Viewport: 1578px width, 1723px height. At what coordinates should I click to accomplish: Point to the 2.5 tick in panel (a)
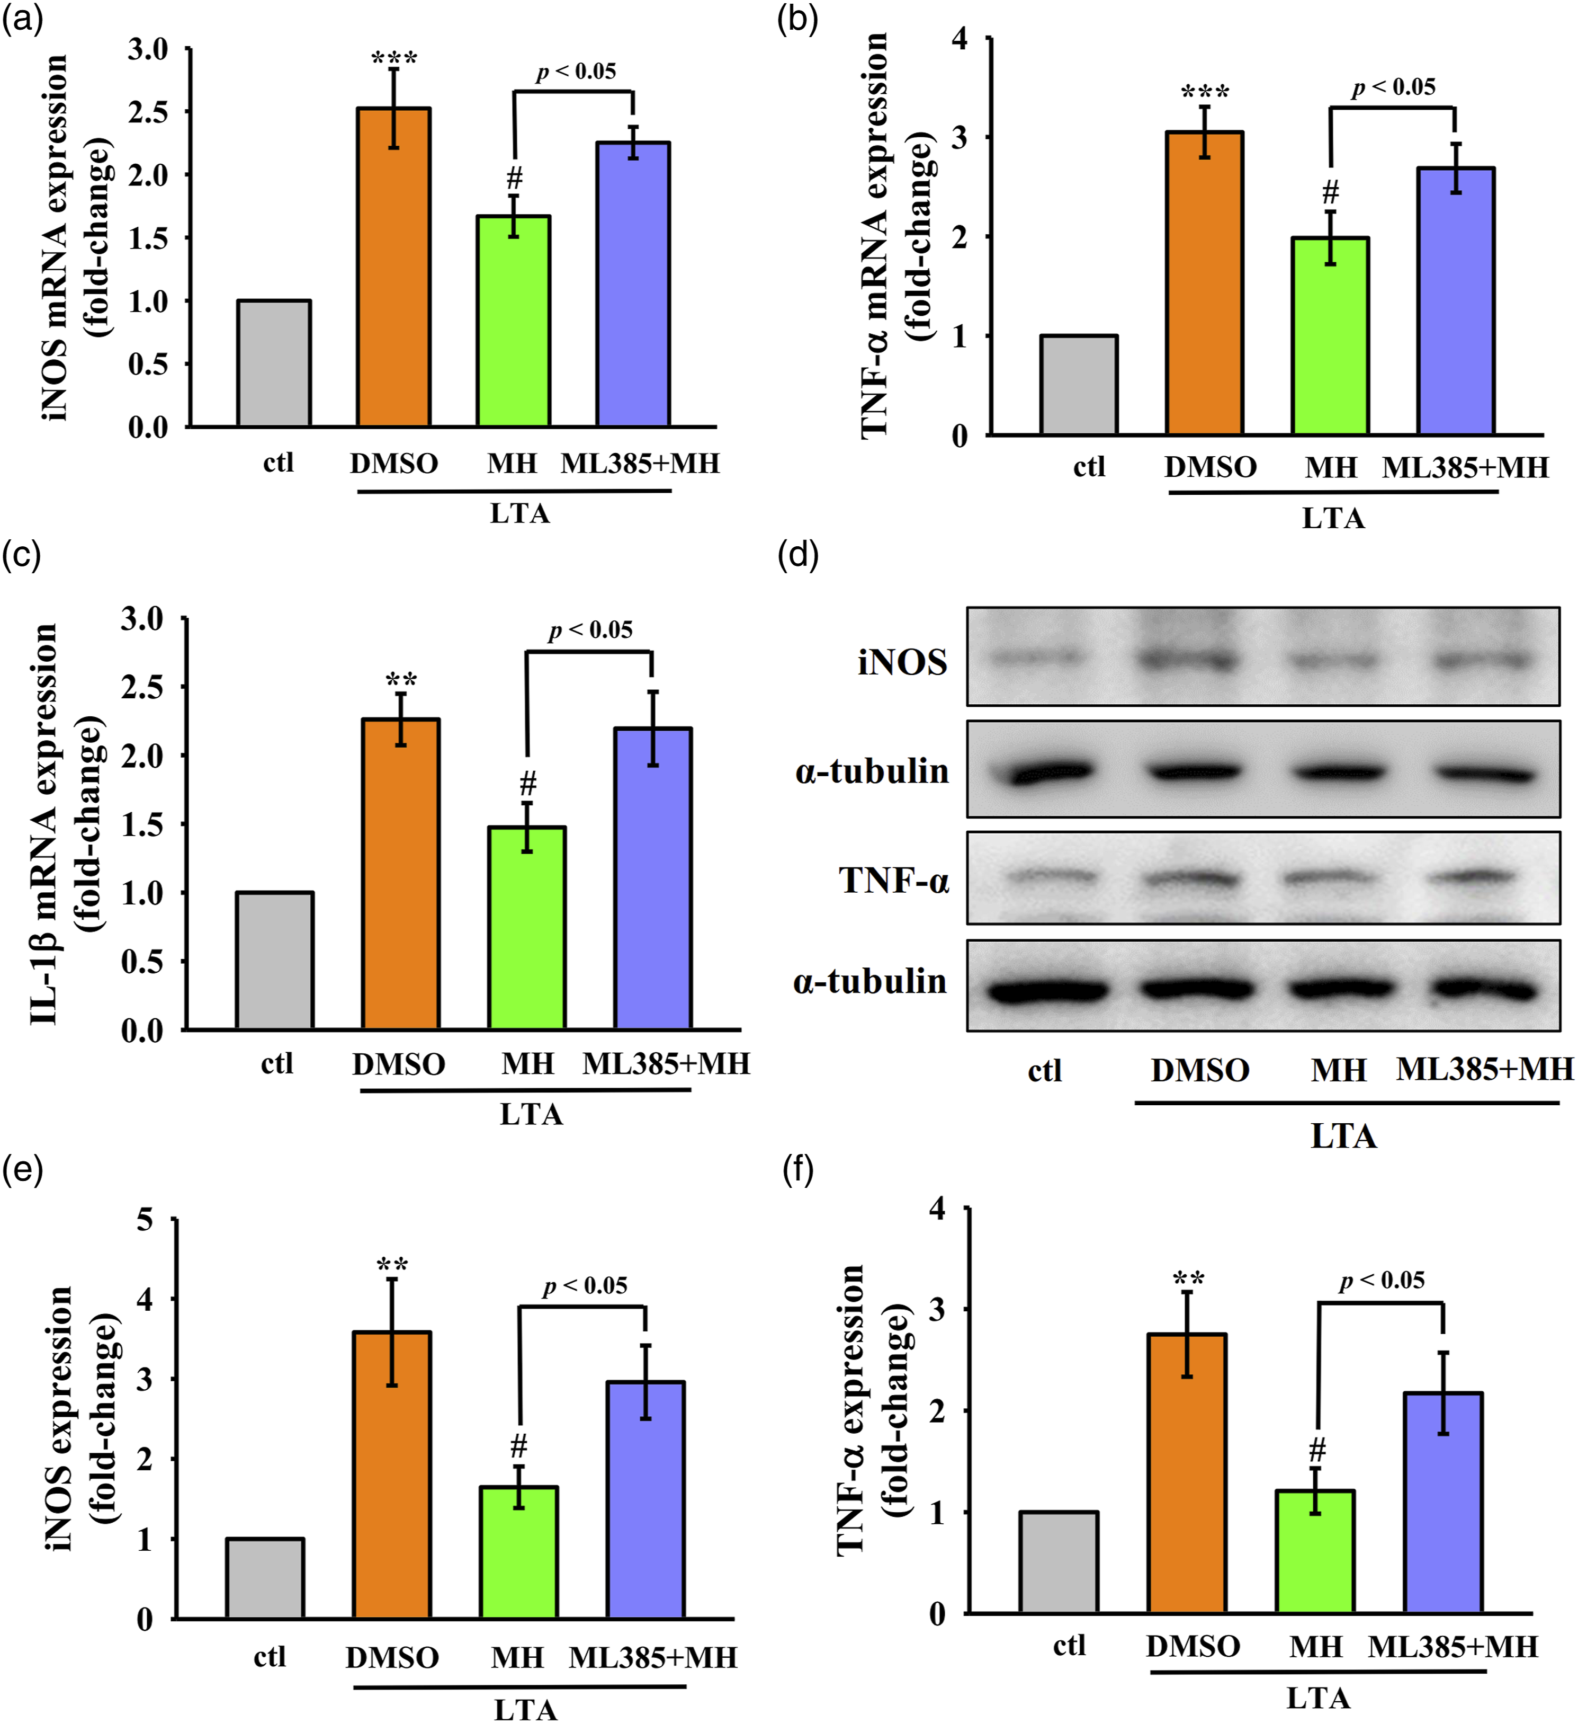click(x=149, y=112)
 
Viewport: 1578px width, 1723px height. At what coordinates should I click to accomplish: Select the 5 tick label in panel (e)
click(x=145, y=1220)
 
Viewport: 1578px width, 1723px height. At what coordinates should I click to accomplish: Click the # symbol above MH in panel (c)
click(x=528, y=783)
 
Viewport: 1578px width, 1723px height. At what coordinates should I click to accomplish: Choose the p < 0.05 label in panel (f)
click(x=1382, y=1280)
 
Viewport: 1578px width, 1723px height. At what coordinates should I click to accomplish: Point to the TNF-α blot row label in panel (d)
click(x=894, y=880)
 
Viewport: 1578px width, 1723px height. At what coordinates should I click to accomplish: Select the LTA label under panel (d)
click(x=1343, y=1136)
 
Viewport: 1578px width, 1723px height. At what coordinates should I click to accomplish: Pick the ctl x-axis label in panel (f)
click(x=1069, y=1645)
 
